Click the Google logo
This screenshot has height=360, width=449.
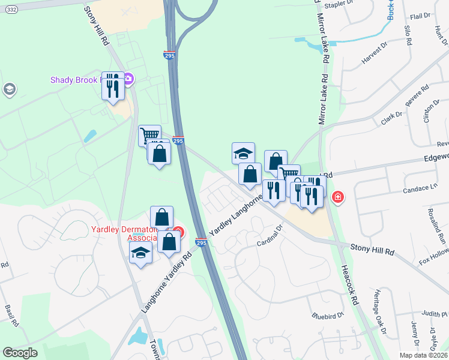(x=20, y=353)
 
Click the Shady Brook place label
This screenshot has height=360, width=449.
(x=77, y=80)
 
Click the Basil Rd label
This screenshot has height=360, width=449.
(x=11, y=315)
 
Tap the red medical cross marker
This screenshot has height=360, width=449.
(x=338, y=197)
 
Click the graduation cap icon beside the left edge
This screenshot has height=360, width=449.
(x=9, y=90)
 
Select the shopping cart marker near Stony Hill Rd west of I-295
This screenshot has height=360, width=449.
(x=149, y=134)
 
